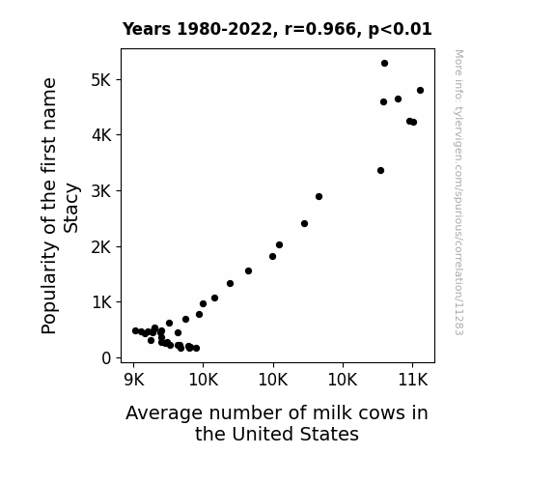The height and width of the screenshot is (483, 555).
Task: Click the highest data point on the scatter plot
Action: [384, 64]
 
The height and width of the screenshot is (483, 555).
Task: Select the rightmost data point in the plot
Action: [420, 91]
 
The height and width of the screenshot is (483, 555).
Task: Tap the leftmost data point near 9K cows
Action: [135, 330]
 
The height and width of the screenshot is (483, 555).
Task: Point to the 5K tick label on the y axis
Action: [101, 80]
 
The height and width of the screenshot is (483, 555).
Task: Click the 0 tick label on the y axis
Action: [106, 358]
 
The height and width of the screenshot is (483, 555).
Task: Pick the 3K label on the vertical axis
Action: [101, 191]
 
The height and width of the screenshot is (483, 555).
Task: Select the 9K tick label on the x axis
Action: [134, 381]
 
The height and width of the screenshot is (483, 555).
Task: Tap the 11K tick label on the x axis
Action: [413, 381]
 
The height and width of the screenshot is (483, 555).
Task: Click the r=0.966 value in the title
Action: [319, 29]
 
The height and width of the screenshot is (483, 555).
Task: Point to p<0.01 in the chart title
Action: [400, 30]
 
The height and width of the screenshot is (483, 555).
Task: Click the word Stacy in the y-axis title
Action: [71, 208]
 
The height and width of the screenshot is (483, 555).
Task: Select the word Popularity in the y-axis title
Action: [49, 288]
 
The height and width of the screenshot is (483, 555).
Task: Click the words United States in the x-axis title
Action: [295, 434]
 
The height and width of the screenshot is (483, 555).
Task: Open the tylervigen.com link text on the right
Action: [458, 192]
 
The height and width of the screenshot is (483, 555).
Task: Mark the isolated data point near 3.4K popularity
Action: [380, 170]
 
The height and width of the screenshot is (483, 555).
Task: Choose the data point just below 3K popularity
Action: [319, 197]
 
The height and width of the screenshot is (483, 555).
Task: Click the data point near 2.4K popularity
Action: [304, 223]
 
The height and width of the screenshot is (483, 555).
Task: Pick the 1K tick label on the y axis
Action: [101, 302]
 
